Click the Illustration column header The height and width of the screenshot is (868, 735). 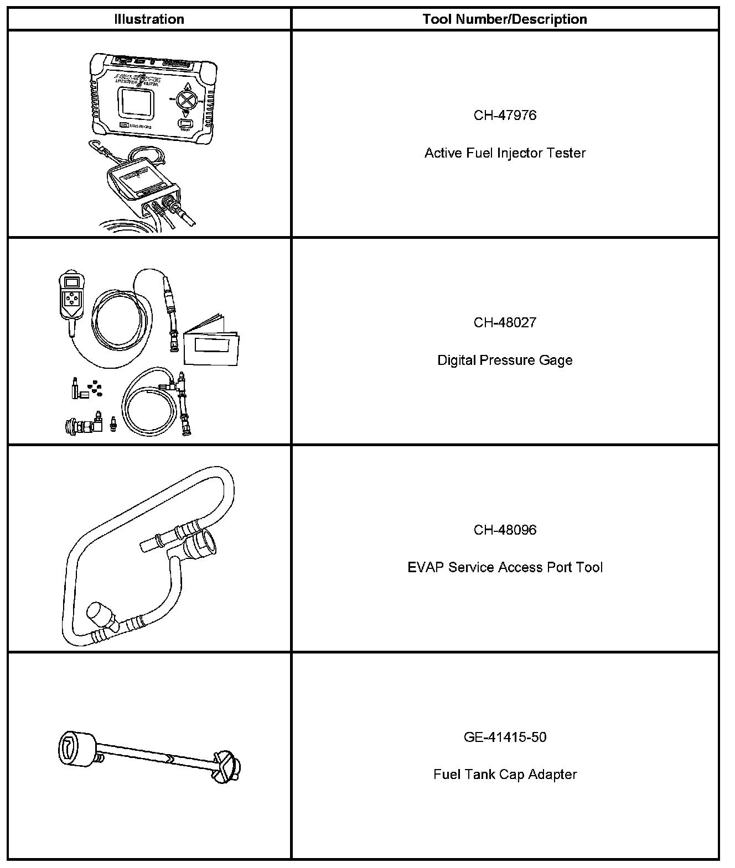(x=149, y=19)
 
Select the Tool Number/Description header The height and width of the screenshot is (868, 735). (x=505, y=19)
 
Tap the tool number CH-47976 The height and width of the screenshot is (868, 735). (x=505, y=116)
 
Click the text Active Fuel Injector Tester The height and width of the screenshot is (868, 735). (x=505, y=153)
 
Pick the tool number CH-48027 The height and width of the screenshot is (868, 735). (x=505, y=323)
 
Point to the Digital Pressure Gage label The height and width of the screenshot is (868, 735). (x=505, y=360)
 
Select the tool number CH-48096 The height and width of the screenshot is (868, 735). (x=505, y=530)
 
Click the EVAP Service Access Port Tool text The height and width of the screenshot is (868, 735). (x=505, y=568)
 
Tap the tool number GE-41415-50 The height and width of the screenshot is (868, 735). (x=505, y=738)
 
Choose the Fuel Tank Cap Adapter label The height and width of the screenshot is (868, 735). (x=505, y=775)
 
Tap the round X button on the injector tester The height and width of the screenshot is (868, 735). (x=188, y=100)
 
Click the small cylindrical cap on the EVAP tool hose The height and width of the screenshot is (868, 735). (x=100, y=615)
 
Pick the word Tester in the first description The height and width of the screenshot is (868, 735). (x=566, y=153)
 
